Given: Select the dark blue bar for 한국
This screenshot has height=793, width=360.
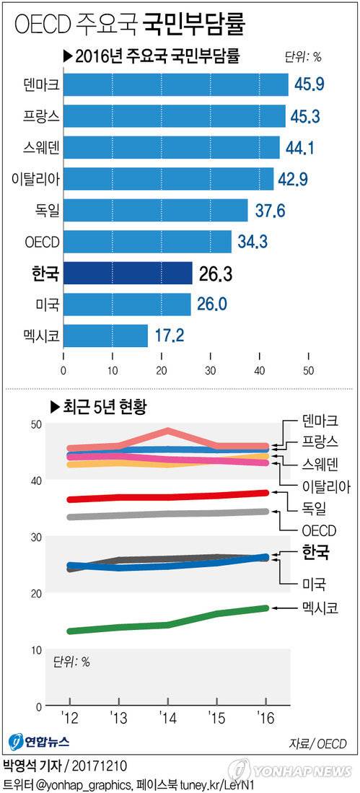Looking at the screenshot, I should coord(128,273).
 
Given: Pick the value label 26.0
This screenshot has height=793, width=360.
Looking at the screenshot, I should coord(213,304).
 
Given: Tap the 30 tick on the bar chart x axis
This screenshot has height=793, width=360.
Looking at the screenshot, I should coord(211,371).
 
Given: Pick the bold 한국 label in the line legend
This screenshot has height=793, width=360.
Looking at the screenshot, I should coord(315,553).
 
